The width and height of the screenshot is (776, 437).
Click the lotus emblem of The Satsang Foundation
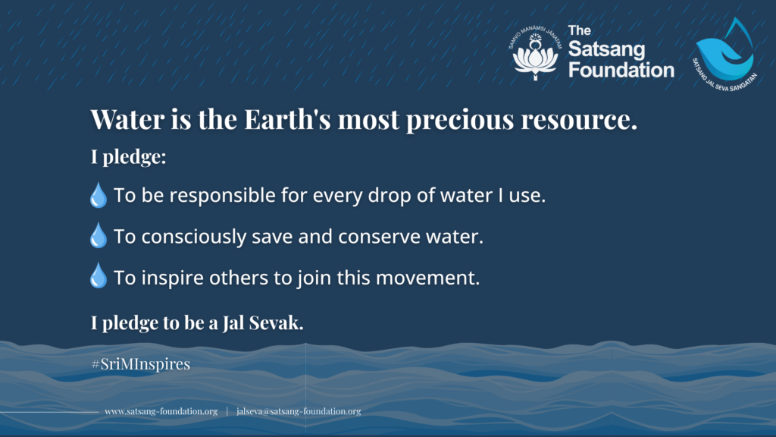pyautogui.click(x=535, y=53)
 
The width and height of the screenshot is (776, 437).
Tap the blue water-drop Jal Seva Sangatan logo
pyautogui.click(x=724, y=55)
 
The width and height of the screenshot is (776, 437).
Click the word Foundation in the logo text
pyautogui.click(x=621, y=70)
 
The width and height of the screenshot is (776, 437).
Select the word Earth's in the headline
pyautogui.click(x=287, y=119)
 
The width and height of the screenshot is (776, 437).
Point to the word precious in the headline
pyautogui.click(x=460, y=121)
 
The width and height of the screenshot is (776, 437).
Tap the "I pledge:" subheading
pyautogui.click(x=128, y=156)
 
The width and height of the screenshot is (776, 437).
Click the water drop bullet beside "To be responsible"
pyautogui.click(x=98, y=195)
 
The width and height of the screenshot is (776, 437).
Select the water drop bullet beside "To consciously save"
pyautogui.click(x=98, y=235)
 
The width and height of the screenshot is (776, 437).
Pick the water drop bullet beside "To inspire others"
pyautogui.click(x=98, y=276)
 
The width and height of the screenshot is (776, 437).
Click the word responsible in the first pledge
pyautogui.click(x=226, y=196)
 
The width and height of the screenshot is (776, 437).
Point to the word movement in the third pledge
pyautogui.click(x=427, y=278)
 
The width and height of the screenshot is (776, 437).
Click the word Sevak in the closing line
pyautogui.click(x=276, y=323)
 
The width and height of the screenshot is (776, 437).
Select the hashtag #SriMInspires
pyautogui.click(x=140, y=364)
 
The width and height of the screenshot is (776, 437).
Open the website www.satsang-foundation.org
pyautogui.click(x=161, y=411)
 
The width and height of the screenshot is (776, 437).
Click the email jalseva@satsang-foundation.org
pyautogui.click(x=299, y=411)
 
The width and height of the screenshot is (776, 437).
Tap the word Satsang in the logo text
pyautogui.click(x=607, y=49)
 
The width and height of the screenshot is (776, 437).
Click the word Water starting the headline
pyautogui.click(x=127, y=119)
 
